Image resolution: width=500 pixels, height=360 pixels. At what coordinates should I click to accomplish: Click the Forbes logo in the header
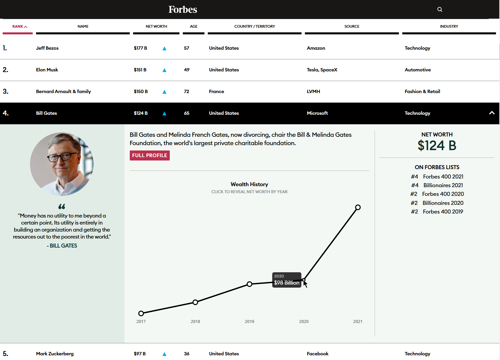(x=183, y=9)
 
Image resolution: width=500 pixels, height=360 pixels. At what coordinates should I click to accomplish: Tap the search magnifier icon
(x=440, y=9)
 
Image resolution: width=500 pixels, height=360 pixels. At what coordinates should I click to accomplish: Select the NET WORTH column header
(x=156, y=26)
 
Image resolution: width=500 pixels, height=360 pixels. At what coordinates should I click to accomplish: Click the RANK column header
(x=19, y=26)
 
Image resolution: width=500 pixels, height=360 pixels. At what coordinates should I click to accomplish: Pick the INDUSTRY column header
(x=449, y=26)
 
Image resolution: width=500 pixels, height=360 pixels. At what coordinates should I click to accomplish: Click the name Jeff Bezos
(x=47, y=48)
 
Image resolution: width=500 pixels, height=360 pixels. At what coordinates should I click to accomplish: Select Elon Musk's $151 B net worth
(x=140, y=70)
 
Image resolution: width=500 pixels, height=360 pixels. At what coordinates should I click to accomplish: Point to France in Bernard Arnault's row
(x=216, y=91)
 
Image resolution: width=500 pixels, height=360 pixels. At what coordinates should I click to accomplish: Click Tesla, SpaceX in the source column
(x=322, y=70)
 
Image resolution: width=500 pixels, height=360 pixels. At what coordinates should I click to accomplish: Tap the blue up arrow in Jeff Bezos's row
(x=164, y=48)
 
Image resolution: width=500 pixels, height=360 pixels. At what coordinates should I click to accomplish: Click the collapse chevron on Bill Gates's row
(x=491, y=113)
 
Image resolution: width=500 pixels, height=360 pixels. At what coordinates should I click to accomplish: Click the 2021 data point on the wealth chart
(x=358, y=208)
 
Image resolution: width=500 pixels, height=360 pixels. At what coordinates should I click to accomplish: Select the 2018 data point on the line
(x=195, y=302)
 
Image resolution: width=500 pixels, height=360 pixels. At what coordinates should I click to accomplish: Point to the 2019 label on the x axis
(x=249, y=322)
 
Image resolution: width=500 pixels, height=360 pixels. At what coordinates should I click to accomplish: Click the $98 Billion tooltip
(x=287, y=280)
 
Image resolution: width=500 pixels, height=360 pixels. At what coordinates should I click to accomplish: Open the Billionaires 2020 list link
(x=443, y=203)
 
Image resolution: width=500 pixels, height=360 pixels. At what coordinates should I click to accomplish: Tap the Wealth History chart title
(x=249, y=184)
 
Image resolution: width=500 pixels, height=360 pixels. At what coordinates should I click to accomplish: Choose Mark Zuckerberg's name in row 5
(x=55, y=354)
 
